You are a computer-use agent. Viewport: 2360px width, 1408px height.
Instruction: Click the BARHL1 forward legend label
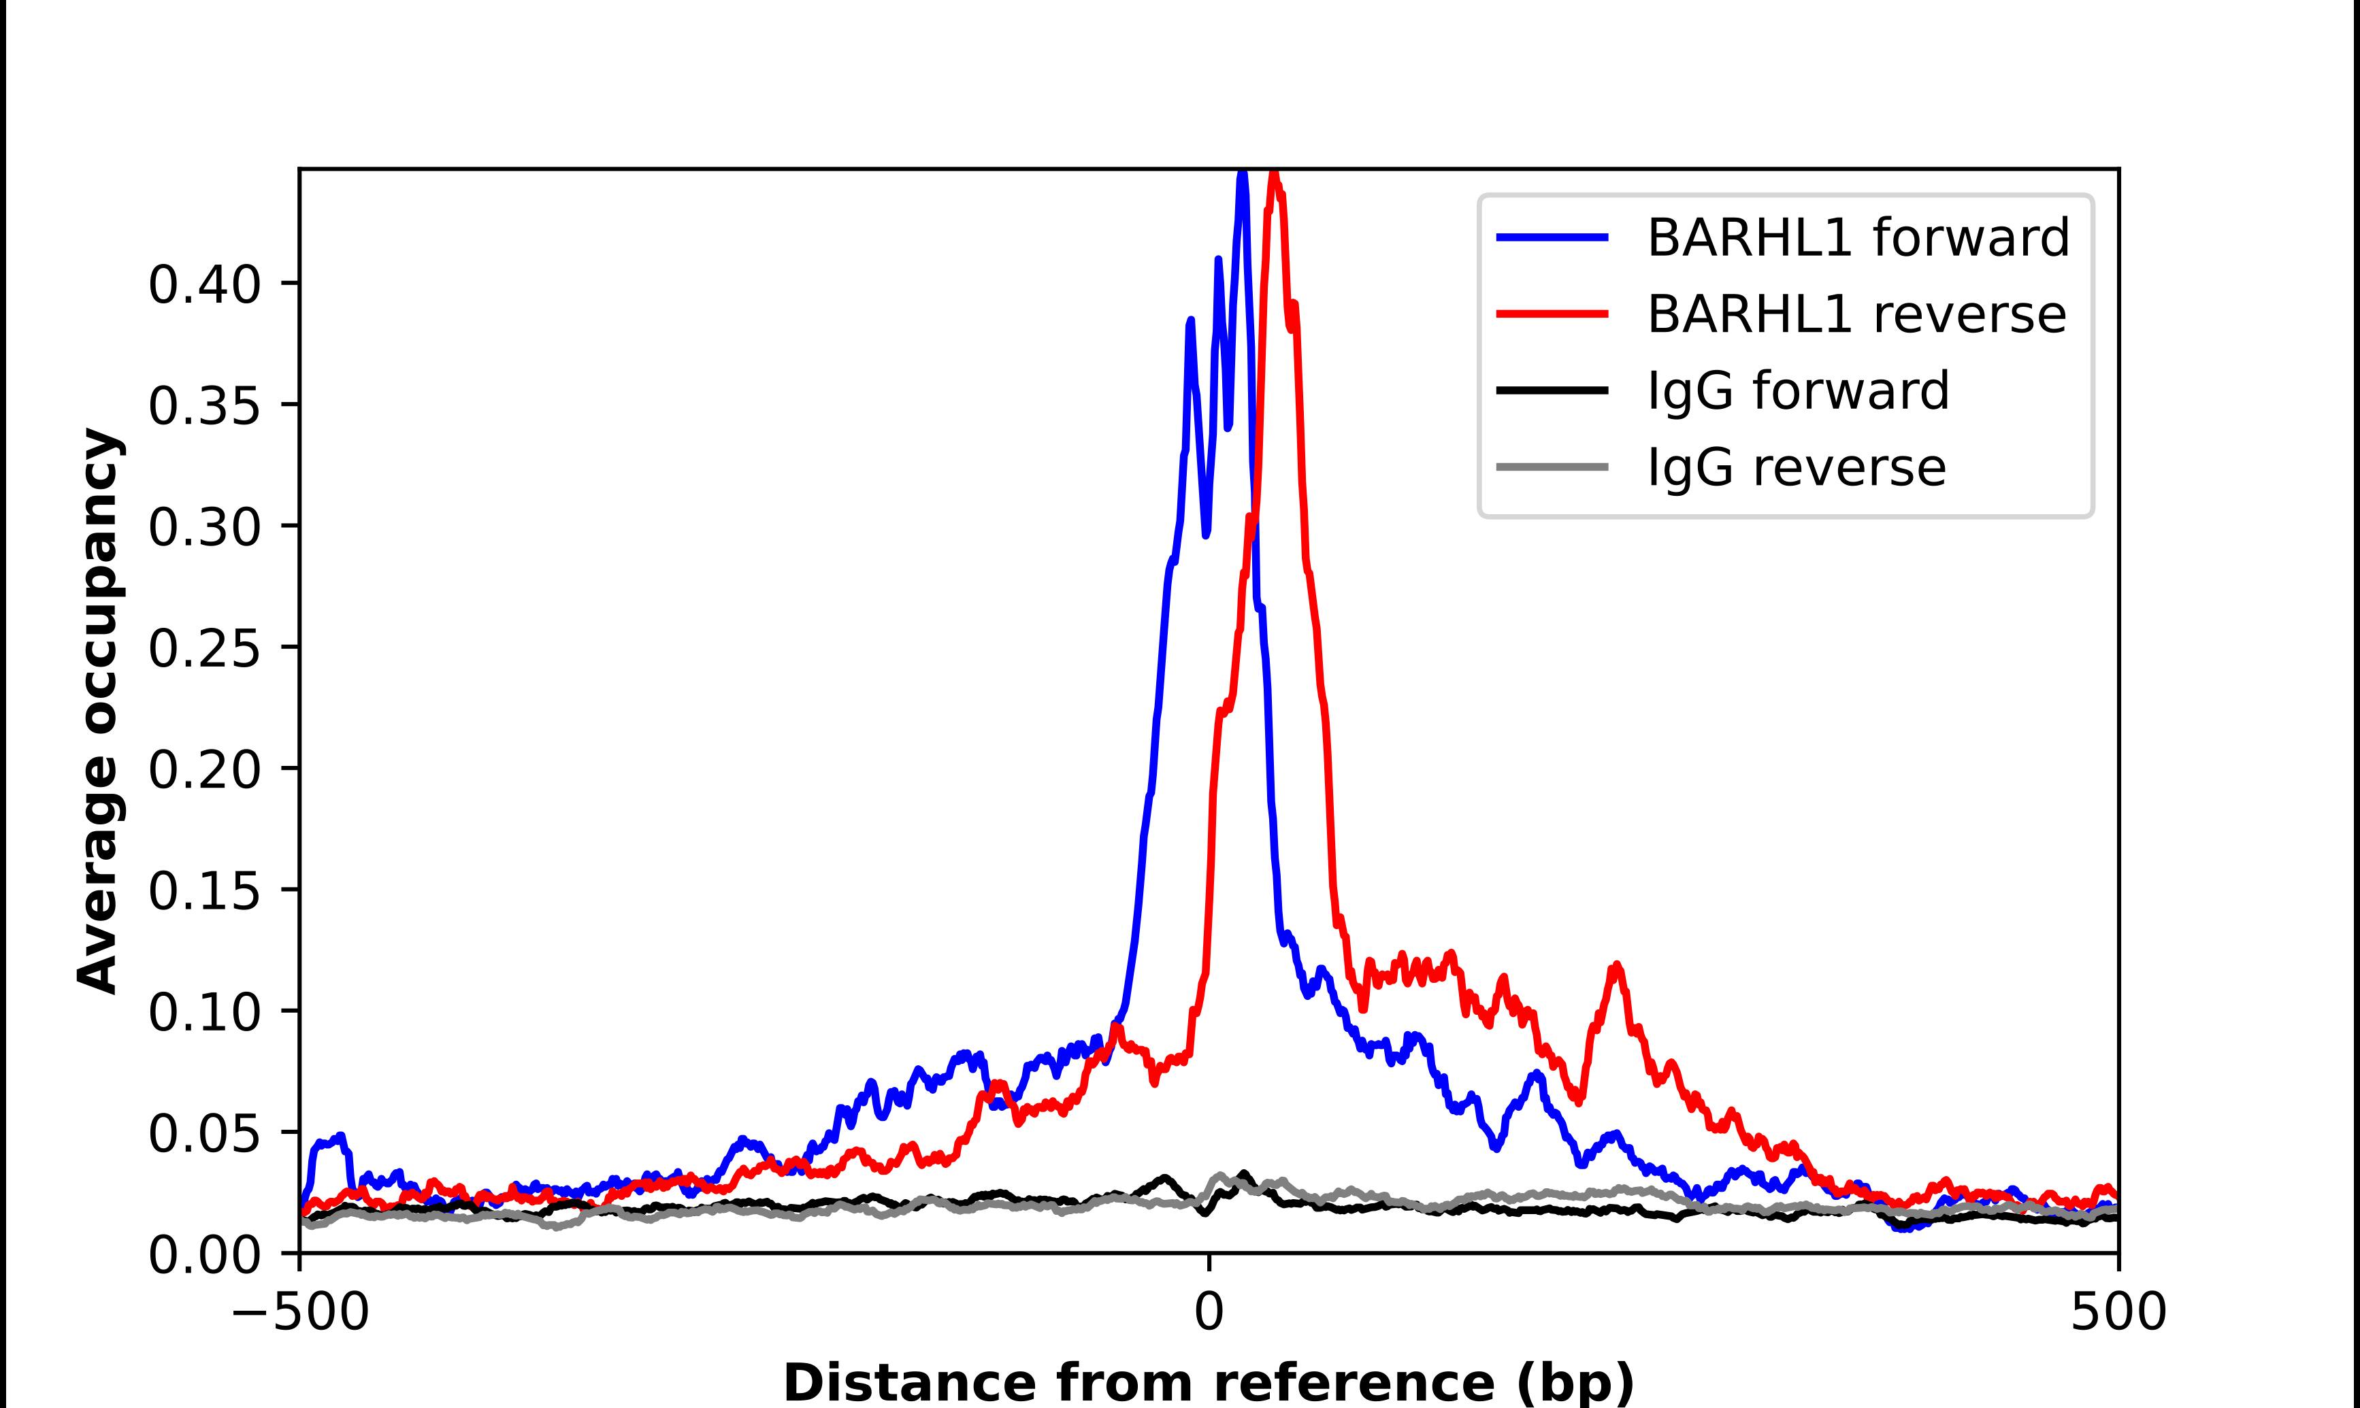[x=1857, y=237]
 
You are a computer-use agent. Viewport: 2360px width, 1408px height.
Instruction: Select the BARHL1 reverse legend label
[x=1856, y=314]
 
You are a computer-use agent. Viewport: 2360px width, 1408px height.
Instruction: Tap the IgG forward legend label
[x=1797, y=391]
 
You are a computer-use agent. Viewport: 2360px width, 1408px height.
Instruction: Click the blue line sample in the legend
[x=1552, y=237]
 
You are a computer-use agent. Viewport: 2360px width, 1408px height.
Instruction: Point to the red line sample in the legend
[x=1552, y=314]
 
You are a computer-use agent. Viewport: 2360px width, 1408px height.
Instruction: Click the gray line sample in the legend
[x=1552, y=467]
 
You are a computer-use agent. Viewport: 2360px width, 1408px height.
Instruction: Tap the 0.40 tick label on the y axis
[x=204, y=284]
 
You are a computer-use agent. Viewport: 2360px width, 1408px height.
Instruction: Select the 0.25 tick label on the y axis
[x=204, y=648]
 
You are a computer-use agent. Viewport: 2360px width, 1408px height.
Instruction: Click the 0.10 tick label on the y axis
[x=204, y=1011]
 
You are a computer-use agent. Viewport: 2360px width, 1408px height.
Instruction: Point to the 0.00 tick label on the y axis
[x=204, y=1254]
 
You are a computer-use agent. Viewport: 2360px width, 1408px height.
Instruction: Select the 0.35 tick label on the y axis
[x=204, y=405]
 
